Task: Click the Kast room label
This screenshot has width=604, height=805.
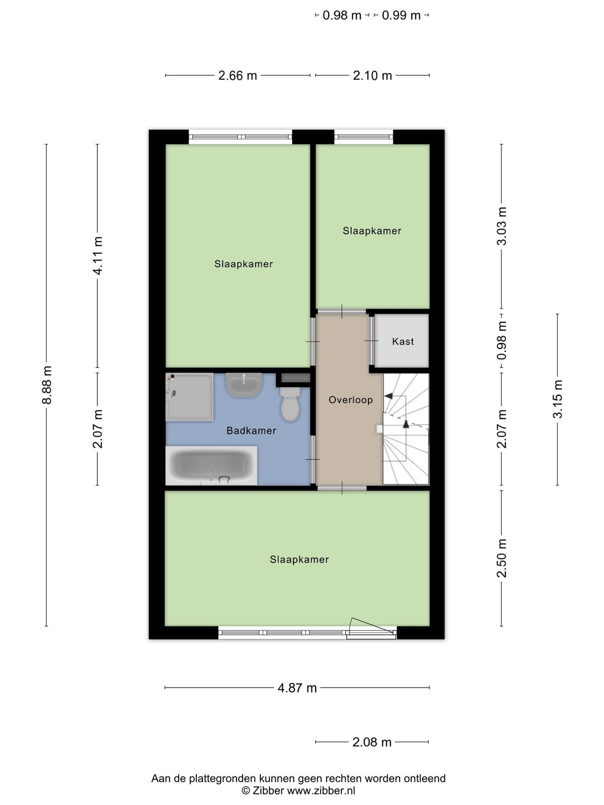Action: click(403, 342)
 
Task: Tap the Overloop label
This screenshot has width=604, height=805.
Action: click(351, 400)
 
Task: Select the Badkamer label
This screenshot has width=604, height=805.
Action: click(251, 431)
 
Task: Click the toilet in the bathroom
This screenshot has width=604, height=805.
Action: click(290, 404)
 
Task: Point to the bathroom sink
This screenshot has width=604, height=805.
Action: click(244, 385)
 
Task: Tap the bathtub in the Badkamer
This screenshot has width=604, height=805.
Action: click(211, 465)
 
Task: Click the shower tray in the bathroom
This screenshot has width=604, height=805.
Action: click(189, 397)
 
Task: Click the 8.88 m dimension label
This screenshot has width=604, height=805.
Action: click(47, 385)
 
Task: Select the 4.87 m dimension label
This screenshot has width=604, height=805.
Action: click(297, 688)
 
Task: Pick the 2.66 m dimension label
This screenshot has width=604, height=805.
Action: click(238, 75)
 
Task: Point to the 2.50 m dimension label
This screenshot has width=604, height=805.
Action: click(501, 558)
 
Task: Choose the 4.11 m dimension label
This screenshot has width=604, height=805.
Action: click(98, 255)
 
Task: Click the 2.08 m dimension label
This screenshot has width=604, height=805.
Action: click(372, 742)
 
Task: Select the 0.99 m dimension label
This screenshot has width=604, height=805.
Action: click(401, 16)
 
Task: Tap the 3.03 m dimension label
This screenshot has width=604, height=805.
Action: click(501, 226)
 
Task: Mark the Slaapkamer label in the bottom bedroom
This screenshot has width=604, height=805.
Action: click(299, 559)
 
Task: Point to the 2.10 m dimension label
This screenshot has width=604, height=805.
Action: click(372, 75)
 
